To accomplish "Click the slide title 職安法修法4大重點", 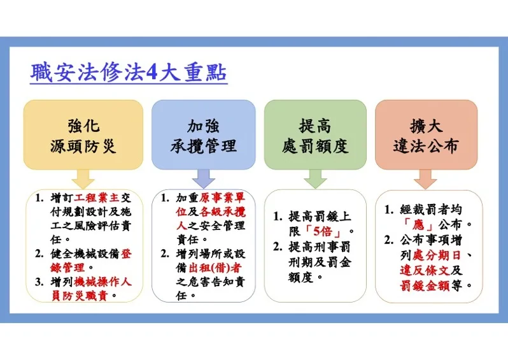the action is (129, 72).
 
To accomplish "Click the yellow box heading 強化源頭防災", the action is (83, 136).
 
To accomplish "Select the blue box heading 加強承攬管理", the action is (204, 136).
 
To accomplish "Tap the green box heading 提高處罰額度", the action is (315, 136).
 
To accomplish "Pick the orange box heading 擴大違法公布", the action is (426, 136).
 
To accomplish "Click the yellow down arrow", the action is (83, 178).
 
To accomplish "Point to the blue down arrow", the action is (204, 178).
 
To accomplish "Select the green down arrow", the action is (315, 178).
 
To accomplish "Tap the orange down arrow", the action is (425, 179).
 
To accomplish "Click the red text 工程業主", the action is (97, 198).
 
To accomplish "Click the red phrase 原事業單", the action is (223, 198).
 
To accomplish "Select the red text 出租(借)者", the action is (215, 268).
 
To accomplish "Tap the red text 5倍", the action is (323, 231).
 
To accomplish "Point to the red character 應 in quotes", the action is (418, 224).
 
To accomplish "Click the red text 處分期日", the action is (437, 256).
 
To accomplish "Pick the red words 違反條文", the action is (425, 271).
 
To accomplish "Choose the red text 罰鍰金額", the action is (425, 285).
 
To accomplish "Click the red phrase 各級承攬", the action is (223, 212).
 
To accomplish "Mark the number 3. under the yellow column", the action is (39, 282).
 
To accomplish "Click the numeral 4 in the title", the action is (152, 73).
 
